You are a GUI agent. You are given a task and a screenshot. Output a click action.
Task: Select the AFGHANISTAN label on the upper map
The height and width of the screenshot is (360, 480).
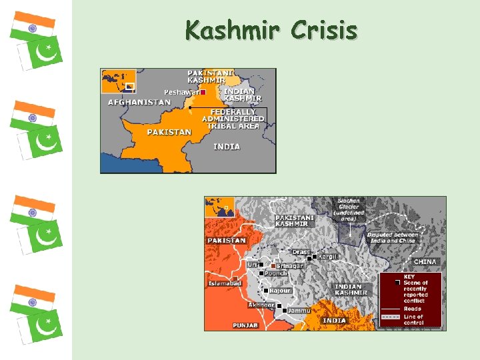point(139,103)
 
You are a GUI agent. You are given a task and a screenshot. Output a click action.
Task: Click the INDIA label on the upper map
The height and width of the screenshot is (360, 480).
point(227,146)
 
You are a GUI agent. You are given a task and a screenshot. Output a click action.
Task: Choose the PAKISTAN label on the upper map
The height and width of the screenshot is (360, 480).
point(169,132)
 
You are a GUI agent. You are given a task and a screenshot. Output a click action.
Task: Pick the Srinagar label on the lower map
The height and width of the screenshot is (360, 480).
point(290,266)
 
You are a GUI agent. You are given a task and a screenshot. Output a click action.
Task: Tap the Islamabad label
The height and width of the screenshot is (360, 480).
point(225,283)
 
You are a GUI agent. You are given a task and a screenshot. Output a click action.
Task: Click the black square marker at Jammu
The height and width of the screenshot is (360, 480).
point(285,311)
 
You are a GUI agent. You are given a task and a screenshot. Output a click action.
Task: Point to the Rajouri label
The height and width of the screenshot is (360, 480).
point(280,291)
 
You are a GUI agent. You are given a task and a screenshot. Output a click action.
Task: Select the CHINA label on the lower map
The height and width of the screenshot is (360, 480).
point(425,262)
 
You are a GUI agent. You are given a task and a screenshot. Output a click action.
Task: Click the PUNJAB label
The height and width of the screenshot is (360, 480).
point(245,325)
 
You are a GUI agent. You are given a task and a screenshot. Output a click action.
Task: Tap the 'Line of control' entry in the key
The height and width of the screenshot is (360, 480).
point(413,319)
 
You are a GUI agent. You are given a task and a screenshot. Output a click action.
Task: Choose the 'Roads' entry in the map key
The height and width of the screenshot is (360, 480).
point(413,309)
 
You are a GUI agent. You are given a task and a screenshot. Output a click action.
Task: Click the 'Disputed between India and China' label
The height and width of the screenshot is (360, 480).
point(393,237)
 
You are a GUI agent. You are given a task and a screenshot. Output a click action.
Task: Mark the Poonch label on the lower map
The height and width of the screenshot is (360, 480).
point(276,273)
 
